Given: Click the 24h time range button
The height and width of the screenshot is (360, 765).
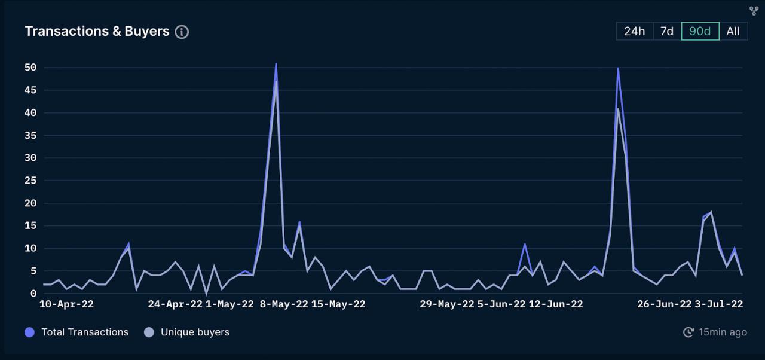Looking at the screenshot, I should pyautogui.click(x=634, y=32).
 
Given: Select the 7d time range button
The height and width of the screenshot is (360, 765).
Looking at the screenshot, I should pyautogui.click(x=667, y=32).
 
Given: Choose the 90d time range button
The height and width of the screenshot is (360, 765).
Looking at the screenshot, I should pyautogui.click(x=700, y=32).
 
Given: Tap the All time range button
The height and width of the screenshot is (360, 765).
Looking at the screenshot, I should pyautogui.click(x=733, y=32).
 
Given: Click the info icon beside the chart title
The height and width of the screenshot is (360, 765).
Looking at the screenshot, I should pyautogui.click(x=182, y=32).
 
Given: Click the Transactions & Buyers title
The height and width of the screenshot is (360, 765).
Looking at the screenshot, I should pyautogui.click(x=97, y=32).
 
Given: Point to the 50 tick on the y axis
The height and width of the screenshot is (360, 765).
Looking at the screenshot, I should pyautogui.click(x=31, y=68).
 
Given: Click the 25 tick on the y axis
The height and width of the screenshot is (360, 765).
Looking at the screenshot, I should pyautogui.click(x=31, y=181).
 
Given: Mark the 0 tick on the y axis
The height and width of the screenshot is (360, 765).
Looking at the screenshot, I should pyautogui.click(x=33, y=294).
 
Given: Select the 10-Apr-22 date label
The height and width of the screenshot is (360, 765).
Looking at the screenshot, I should pyautogui.click(x=66, y=304).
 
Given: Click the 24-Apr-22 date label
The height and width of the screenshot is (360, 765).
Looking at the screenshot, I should pyautogui.click(x=175, y=304).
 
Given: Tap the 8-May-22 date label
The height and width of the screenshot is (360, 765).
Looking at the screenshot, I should pyautogui.click(x=284, y=304).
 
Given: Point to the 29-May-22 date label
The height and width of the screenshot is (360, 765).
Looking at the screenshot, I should pyautogui.click(x=447, y=304).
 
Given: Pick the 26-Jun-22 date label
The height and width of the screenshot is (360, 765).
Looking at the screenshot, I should pyautogui.click(x=665, y=304).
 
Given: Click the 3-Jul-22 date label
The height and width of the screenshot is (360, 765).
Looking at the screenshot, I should pyautogui.click(x=719, y=304).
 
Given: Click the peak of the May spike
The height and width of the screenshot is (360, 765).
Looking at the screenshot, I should pyautogui.click(x=276, y=63).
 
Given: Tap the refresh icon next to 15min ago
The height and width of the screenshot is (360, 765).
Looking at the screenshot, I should pyautogui.click(x=688, y=332).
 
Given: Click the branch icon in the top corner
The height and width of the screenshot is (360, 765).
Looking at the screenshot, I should pyautogui.click(x=754, y=11).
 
